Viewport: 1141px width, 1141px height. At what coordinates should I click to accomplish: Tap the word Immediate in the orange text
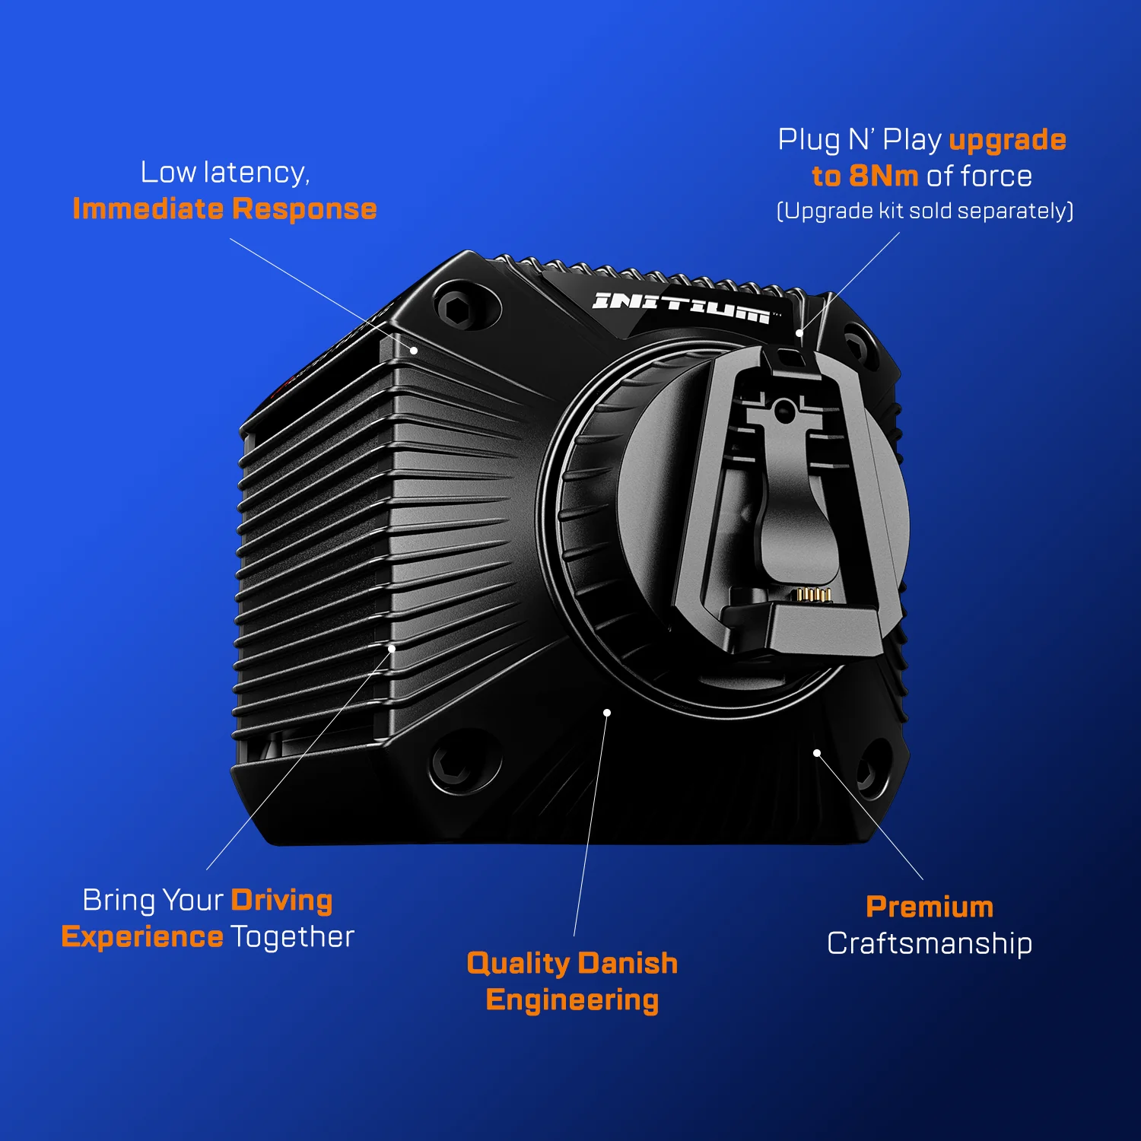click(148, 208)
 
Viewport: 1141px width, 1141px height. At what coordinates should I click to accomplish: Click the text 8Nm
click(884, 176)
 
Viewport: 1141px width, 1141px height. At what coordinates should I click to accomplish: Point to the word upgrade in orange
click(1008, 141)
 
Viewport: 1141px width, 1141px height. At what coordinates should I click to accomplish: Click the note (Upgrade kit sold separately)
click(925, 211)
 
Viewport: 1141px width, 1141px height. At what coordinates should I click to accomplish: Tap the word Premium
click(930, 907)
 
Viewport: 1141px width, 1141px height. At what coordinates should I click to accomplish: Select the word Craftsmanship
click(930, 943)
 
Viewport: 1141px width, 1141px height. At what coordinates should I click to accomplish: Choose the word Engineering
click(572, 1001)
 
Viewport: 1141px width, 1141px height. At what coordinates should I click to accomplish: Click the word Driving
click(281, 901)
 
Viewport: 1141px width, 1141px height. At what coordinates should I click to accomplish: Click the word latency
click(257, 173)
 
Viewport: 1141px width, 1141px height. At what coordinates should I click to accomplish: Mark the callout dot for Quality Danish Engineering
click(607, 713)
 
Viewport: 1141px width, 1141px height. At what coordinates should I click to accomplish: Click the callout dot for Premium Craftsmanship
click(817, 753)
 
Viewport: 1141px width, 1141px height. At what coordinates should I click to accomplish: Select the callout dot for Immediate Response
click(414, 351)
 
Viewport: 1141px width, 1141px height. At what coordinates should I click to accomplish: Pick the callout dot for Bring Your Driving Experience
click(392, 649)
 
